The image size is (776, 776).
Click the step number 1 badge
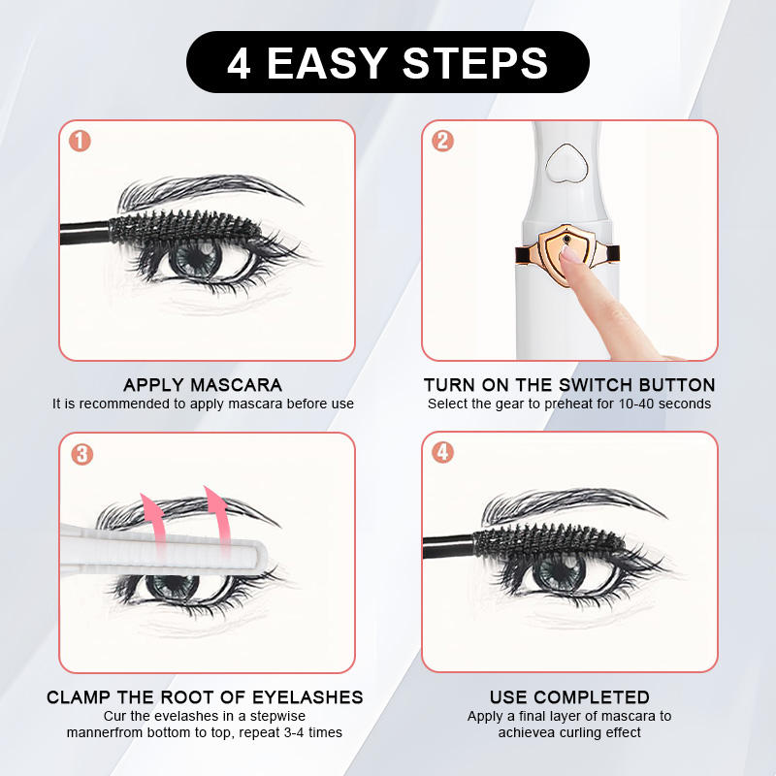point(81,141)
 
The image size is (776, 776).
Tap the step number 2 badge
point(442,141)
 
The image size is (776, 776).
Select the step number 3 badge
point(81,453)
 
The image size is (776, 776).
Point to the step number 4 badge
point(442,453)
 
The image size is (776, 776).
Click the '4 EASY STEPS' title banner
point(387,62)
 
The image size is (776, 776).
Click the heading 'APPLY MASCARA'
point(203,385)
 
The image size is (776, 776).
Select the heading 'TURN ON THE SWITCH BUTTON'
point(569,385)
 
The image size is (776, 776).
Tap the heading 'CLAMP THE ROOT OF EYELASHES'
point(205,696)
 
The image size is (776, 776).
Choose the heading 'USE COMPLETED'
point(569,696)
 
